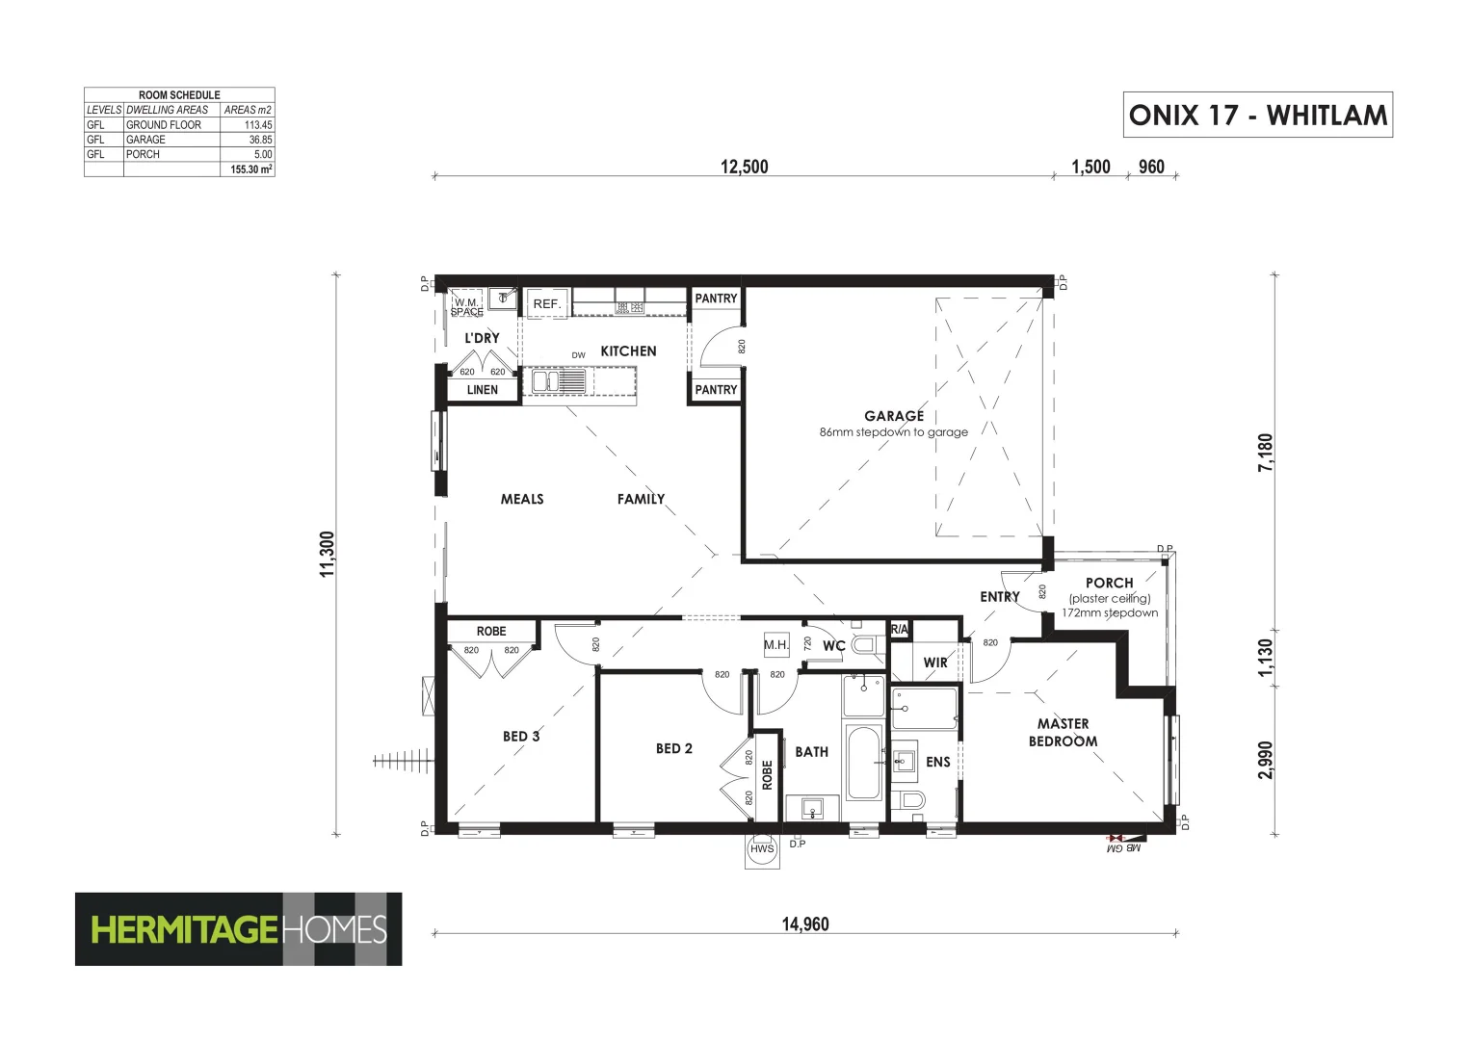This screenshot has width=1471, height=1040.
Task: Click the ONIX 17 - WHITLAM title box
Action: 1257,115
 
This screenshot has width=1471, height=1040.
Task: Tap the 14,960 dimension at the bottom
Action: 804,924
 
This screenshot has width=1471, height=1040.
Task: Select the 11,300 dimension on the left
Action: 328,554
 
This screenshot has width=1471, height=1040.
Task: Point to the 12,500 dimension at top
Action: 744,167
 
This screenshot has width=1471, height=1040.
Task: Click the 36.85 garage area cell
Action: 248,140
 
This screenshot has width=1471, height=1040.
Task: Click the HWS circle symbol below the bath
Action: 761,849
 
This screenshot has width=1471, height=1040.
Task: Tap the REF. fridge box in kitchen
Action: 546,303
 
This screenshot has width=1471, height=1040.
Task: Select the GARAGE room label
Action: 893,416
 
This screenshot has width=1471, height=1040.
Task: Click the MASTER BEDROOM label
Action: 1063,732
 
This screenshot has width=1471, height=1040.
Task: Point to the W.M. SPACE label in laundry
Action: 467,306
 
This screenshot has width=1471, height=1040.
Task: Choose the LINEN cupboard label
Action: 483,390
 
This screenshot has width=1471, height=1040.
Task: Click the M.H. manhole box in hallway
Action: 776,645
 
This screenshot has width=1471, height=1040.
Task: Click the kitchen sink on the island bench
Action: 558,381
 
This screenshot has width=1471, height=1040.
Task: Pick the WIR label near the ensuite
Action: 935,663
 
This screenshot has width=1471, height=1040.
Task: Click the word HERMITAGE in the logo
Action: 184,929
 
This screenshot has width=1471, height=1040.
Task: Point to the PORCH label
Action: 1109,583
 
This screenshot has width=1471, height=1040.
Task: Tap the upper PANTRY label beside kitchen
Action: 716,299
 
